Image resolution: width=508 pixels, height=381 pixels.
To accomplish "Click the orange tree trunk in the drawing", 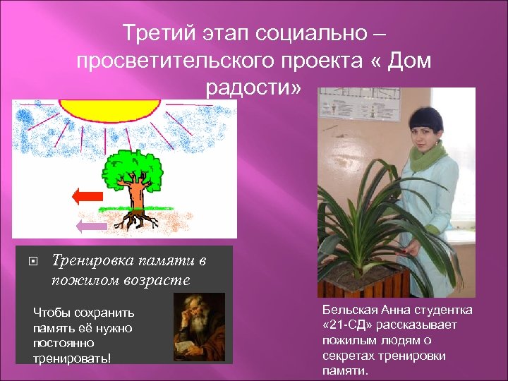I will [135, 200].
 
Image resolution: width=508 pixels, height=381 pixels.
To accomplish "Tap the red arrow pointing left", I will [88, 197].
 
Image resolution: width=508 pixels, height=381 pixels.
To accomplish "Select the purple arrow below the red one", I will [92, 226].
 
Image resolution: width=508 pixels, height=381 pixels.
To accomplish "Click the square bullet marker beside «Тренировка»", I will [32, 262].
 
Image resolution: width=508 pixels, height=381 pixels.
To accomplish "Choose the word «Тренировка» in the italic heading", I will [92, 261].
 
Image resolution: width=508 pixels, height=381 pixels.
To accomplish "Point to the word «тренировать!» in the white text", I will [72, 358].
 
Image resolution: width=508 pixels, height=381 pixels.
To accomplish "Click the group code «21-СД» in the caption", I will [352, 325].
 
